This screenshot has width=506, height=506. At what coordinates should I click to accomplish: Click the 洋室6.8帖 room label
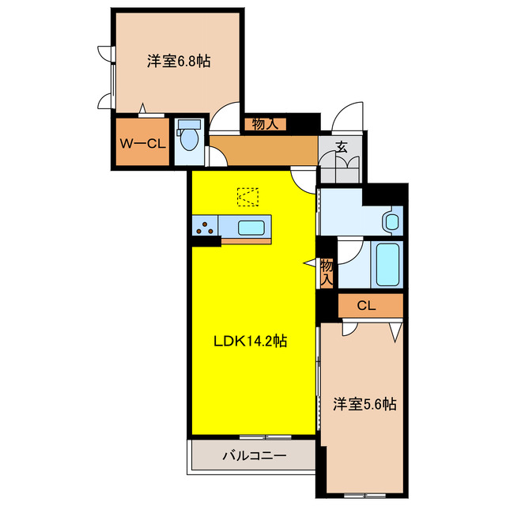pyautogui.click(x=178, y=61)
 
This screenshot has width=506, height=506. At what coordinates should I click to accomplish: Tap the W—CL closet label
pyautogui.click(x=142, y=143)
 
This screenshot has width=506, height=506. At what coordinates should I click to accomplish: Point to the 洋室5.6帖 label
pyautogui.click(x=364, y=404)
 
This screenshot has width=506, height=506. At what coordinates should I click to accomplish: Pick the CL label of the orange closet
pyautogui.click(x=364, y=305)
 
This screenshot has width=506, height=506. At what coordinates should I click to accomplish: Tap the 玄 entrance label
pyautogui.click(x=341, y=146)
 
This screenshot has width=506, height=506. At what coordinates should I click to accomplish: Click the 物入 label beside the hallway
pyautogui.click(x=264, y=123)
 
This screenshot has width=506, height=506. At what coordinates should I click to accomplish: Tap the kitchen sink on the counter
pyautogui.click(x=252, y=228)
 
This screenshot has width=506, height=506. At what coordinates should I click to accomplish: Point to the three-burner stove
pyautogui.click(x=205, y=228)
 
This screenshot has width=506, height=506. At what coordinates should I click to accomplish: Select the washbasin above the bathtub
pyautogui.click(x=391, y=221)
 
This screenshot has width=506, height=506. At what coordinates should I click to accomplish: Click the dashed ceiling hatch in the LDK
pyautogui.click(x=247, y=194)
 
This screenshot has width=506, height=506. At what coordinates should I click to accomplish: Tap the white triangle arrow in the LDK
pyautogui.click(x=310, y=263)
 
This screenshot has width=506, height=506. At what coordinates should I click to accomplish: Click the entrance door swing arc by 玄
pyautogui.click(x=346, y=119)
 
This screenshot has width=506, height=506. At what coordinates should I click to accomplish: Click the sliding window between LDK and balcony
pyautogui.click(x=253, y=436)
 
